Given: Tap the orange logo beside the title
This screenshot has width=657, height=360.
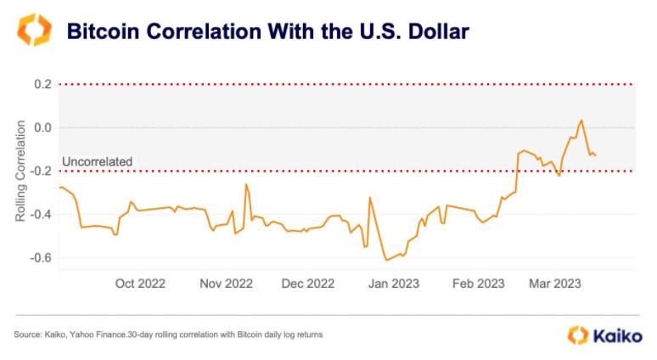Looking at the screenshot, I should point(33,30).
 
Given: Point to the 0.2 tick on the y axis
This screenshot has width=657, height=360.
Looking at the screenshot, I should point(42,84).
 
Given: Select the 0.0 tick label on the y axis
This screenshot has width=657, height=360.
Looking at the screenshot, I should point(42,127).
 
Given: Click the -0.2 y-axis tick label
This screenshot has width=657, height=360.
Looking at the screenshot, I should point(41,171).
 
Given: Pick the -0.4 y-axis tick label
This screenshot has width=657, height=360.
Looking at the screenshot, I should point(41,214).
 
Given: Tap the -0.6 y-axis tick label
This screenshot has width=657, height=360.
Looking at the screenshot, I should point(41,257).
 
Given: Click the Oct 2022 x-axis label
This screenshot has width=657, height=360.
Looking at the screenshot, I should point(140,284).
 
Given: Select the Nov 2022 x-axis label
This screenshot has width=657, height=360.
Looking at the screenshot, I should point(226,284).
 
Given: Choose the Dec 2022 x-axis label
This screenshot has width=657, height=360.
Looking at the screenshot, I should point(308,284).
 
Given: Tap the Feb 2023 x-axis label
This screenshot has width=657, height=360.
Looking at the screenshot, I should point(478,284).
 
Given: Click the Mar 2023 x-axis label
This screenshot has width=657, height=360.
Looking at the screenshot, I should point(555,284).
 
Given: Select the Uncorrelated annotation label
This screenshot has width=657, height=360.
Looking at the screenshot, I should point(97,161).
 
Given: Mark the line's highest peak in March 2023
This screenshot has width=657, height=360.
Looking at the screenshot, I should point(581,121).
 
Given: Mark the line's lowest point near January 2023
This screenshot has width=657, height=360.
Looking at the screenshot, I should point(386,260).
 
